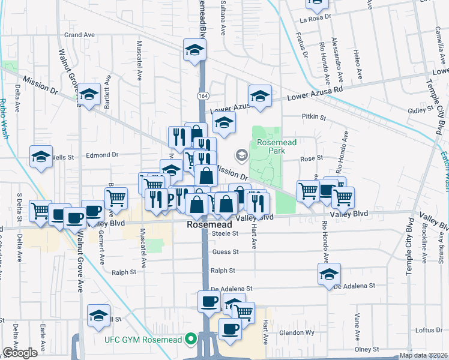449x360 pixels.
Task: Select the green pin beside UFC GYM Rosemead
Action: coord(191,340)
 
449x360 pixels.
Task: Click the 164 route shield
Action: coord(203,95)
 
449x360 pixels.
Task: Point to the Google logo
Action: coord(20,353)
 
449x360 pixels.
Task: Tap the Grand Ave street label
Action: coord(80,35)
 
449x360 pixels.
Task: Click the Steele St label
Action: coord(226,233)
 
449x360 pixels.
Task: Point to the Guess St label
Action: coord(226,252)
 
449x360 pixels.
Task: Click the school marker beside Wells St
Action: coord(41,157)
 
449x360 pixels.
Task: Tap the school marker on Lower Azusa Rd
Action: coord(260,96)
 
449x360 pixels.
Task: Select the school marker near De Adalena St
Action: coord(329,274)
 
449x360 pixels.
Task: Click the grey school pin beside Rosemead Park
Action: coord(241,156)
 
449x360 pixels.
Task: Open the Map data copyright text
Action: coord(424,355)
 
